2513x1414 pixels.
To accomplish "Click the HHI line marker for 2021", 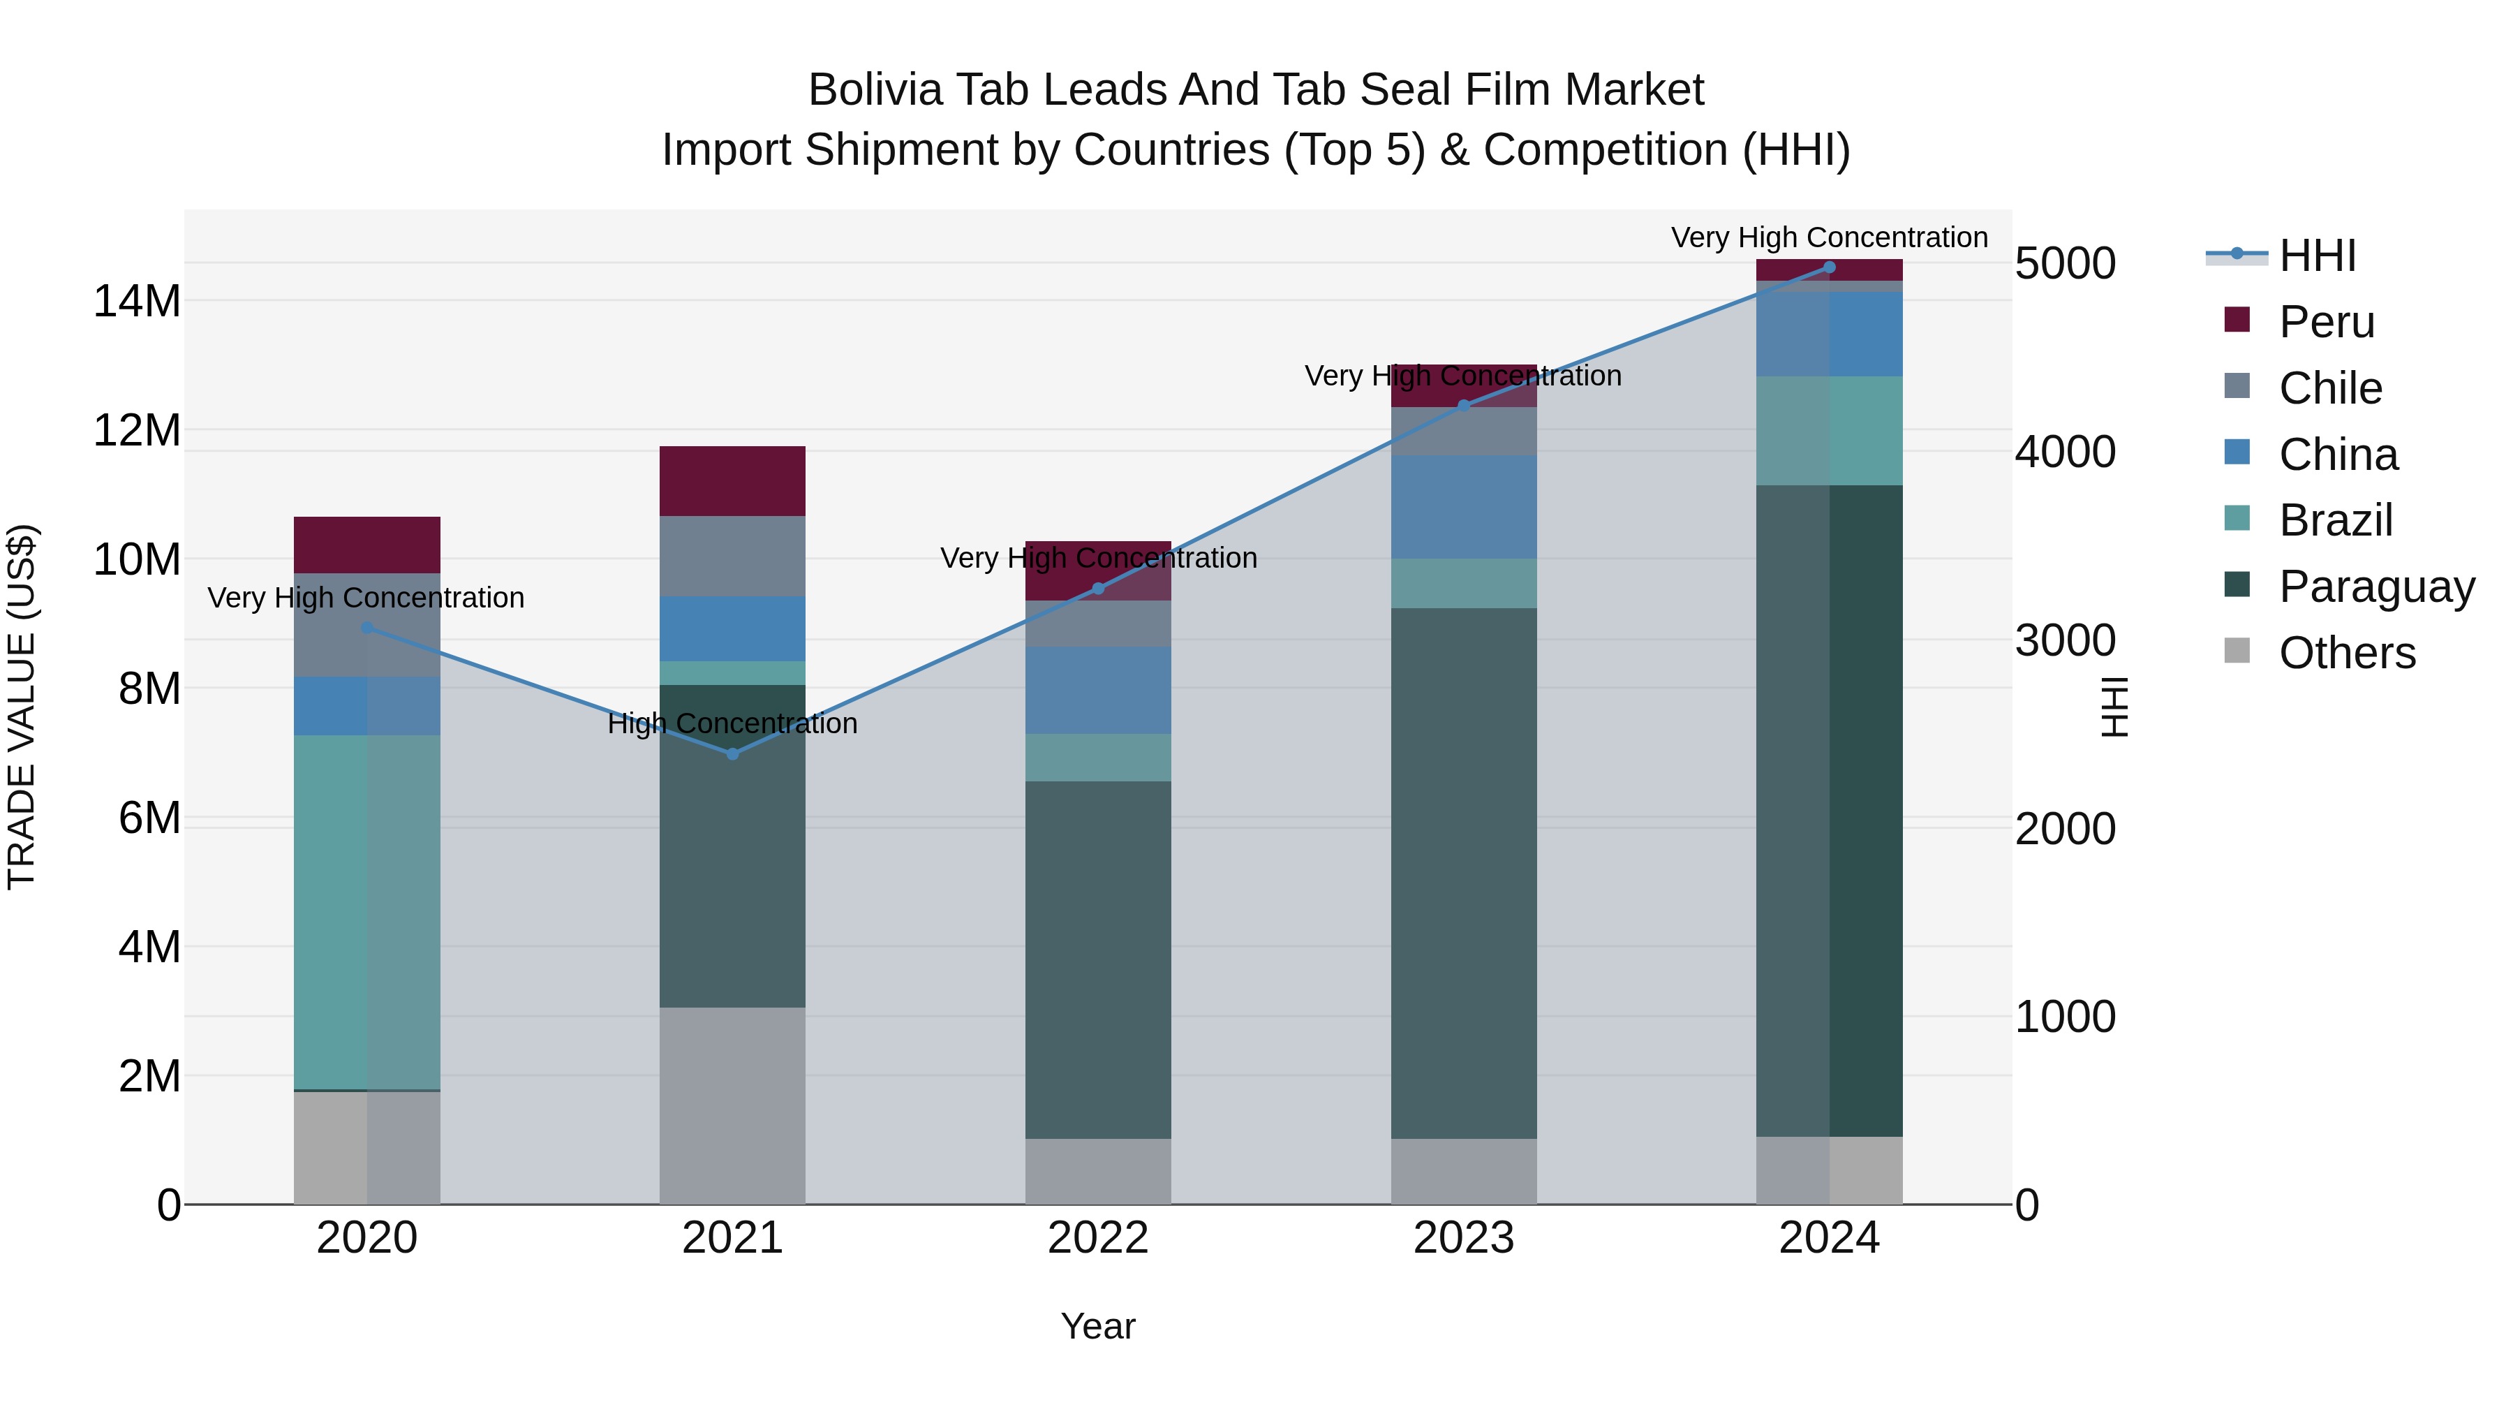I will pyautogui.click(x=733, y=753).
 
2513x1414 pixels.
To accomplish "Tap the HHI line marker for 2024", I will pyautogui.click(x=1829, y=267).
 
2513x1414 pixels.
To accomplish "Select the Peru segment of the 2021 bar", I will pyautogui.click(x=733, y=481).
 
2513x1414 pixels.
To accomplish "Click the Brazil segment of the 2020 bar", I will pyautogui.click(x=366, y=913).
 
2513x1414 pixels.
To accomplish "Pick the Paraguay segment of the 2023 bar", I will pyautogui.click(x=1463, y=874).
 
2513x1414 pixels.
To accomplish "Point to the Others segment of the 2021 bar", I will pyautogui.click(x=733, y=1105).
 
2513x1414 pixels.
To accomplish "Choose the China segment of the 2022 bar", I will pyautogui.click(x=1097, y=690).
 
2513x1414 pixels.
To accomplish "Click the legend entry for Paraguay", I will pyautogui.click(x=2375, y=587).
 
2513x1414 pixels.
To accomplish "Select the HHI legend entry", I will pyautogui.click(x=2317, y=256).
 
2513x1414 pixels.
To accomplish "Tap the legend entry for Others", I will pyautogui.click(x=2346, y=653).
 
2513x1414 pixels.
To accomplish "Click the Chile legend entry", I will pyautogui.click(x=2329, y=388).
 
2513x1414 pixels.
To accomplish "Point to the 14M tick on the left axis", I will pyautogui.click(x=137, y=300).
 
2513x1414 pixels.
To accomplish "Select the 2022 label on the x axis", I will pyautogui.click(x=1097, y=1238).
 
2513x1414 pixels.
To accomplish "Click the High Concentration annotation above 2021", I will pyautogui.click(x=733, y=724).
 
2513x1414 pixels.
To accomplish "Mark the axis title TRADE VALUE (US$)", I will pyautogui.click(x=22, y=707).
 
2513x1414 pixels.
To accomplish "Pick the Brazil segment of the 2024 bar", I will pyautogui.click(x=1829, y=430).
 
